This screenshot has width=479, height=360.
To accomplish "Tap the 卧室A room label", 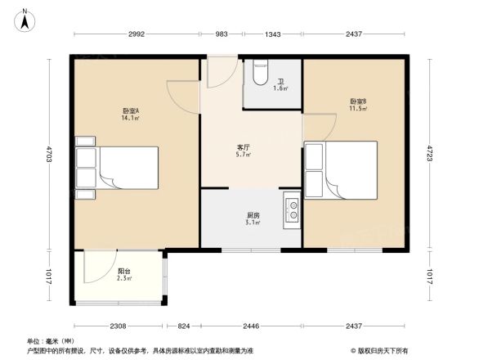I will (x=130, y=110).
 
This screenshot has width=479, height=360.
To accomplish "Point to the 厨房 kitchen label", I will (x=253, y=215).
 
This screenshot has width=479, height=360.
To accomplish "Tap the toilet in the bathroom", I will (x=260, y=74).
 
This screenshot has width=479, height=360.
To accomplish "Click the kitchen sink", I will (x=292, y=211).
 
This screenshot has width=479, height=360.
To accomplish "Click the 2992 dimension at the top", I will (x=136, y=34).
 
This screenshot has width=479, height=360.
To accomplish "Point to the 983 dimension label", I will (x=222, y=34).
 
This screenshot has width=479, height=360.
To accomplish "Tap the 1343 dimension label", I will (x=273, y=34).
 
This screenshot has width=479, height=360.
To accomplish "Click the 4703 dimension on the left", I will (x=48, y=153).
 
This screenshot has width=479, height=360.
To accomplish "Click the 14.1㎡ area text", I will (x=130, y=118).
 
